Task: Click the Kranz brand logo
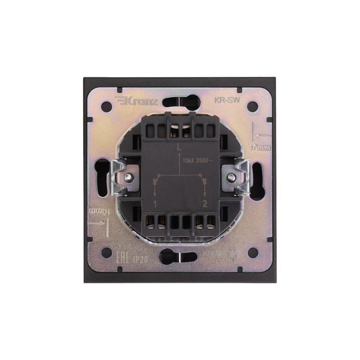[136, 101]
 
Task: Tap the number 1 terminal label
[155, 204]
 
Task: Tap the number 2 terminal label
[205, 204]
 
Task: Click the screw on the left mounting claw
[129, 177]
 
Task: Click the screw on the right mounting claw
[232, 177]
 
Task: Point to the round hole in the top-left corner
[107, 107]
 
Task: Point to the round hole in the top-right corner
[253, 107]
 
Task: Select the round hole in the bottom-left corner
[107, 252]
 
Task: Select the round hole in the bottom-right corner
[253, 252]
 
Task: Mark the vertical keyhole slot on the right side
[257, 180]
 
